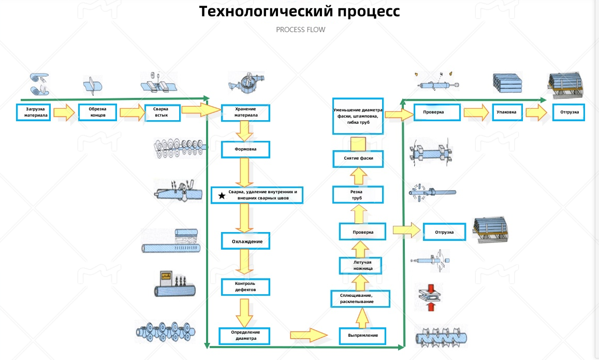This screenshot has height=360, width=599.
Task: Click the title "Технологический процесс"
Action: pos(300,11)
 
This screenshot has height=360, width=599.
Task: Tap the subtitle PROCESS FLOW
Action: pos(300,30)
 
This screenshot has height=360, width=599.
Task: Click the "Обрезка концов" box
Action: pos(97,112)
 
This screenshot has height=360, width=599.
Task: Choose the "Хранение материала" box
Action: pos(245,112)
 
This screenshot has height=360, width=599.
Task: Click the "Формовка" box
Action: pos(245,150)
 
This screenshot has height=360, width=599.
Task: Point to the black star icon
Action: pos(222,195)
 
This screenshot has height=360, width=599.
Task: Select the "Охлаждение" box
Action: pos(245,241)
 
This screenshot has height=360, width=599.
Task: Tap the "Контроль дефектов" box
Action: pos(245,286)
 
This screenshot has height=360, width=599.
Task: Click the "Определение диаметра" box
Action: pos(245,336)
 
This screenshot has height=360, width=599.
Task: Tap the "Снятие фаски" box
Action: pos(358,159)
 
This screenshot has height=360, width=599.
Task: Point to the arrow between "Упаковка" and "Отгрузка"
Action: pos(537,112)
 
